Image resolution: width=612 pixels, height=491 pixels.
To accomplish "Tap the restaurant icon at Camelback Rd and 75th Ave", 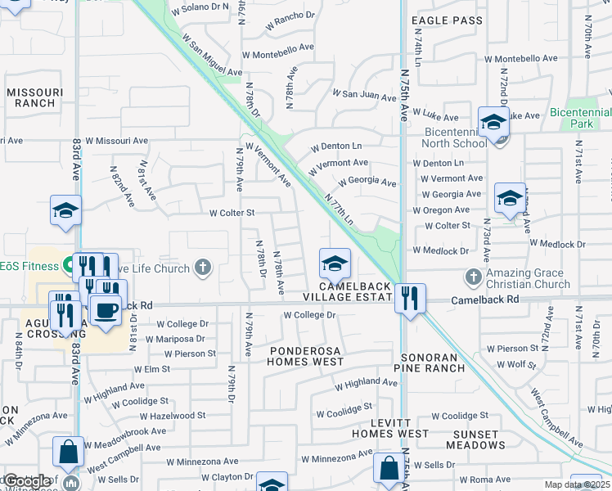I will coord(409,298).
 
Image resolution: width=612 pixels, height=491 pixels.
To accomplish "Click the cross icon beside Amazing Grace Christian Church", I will coord(473,277).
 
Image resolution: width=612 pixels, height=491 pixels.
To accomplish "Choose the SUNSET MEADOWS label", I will coord(475,439).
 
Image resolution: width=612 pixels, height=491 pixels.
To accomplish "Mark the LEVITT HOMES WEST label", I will coord(390,427).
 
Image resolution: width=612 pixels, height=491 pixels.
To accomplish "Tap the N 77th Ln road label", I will coord(338,210).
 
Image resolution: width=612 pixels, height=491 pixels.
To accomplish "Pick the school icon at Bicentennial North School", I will coord(493,123).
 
